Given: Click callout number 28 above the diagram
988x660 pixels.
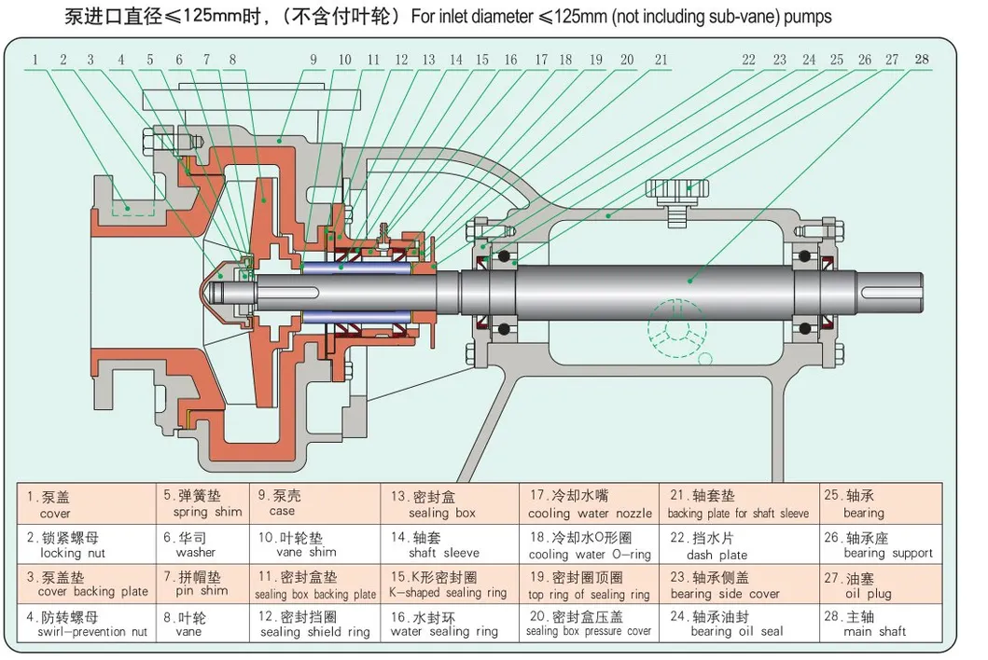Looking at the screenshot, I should point(922,60).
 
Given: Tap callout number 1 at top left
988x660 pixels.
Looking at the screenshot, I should point(35,60).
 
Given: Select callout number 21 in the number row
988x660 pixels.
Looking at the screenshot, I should point(661,60).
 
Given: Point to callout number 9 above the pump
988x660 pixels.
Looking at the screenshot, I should point(314,60).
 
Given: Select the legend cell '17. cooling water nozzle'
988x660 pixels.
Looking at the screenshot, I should point(590,504).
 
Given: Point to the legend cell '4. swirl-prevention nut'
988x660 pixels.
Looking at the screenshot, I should point(86,624).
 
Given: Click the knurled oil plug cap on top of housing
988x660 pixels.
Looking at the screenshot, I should point(678,187).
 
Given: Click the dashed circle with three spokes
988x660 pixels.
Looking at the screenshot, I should point(678,328).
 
